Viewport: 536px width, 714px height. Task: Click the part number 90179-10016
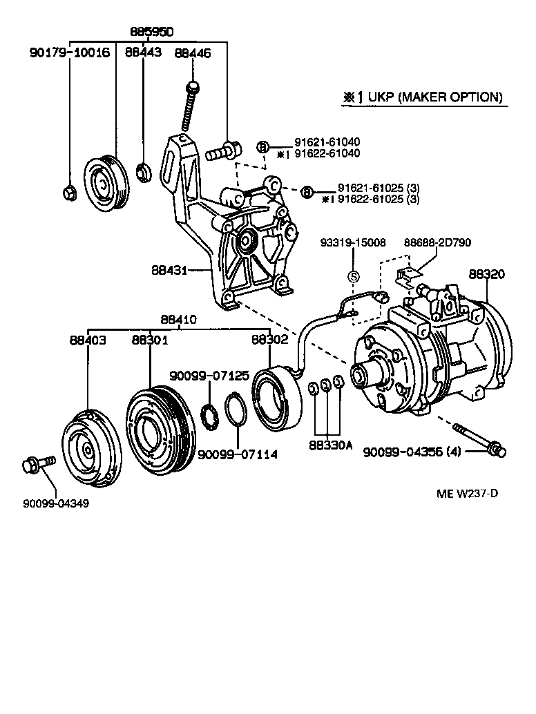pos(69,52)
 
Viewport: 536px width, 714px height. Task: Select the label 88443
pos(143,52)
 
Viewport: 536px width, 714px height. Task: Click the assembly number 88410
pos(179,320)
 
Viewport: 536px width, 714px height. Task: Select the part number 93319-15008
pos(352,242)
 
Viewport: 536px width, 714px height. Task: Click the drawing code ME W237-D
pos(467,493)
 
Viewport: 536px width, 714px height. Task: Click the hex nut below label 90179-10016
pos(69,192)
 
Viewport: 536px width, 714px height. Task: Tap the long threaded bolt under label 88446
pos(189,107)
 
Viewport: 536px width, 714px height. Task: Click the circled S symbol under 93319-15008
pos(353,276)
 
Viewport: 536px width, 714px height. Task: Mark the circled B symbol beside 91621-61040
pos(262,146)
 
